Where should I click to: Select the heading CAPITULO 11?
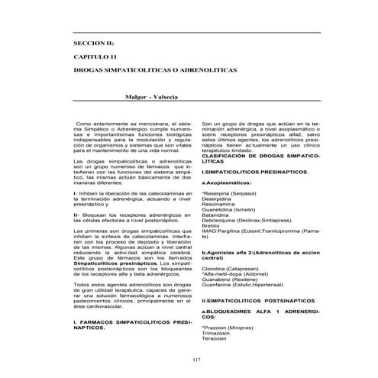pyautogui.click(x=89, y=57)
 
